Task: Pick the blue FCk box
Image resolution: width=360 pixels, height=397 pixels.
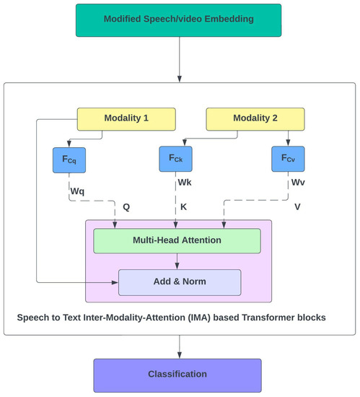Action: coord(176,160)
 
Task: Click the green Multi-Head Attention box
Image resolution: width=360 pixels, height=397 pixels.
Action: coord(177,240)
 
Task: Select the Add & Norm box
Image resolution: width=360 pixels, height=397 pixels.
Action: coord(179,282)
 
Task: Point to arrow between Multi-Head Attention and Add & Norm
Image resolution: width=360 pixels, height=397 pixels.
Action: coord(177,261)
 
